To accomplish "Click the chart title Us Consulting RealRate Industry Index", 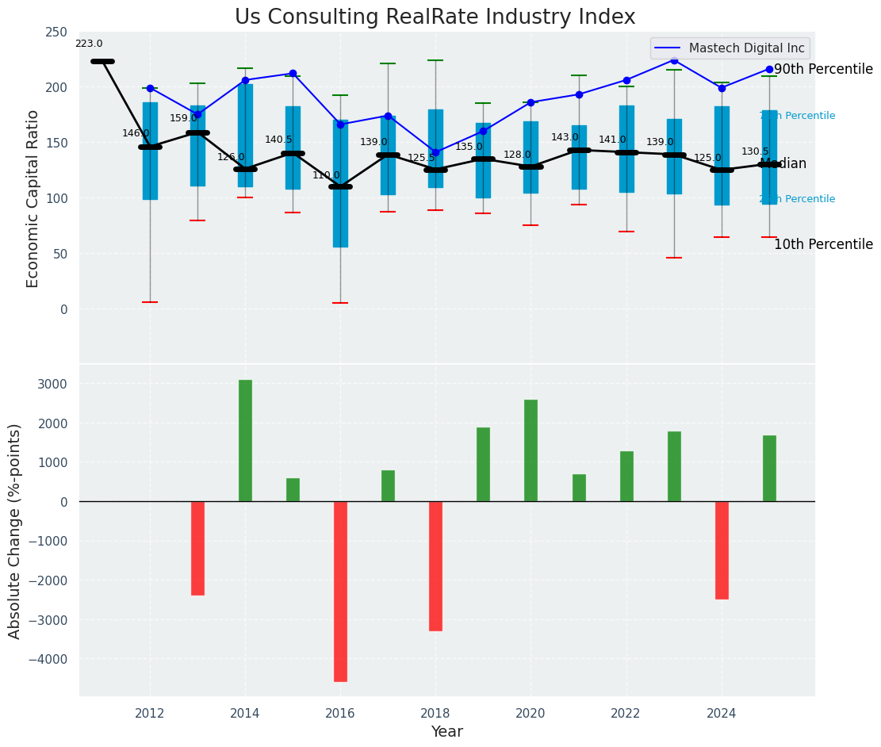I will [x=435, y=17].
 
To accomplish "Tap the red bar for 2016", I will [x=340, y=591].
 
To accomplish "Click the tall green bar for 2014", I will [x=245, y=440].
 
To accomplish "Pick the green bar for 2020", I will [x=531, y=450].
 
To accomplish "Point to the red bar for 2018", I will [x=435, y=565].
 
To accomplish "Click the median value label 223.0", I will [x=89, y=44].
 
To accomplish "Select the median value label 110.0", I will [x=326, y=175].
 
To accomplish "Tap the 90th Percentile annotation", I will [x=823, y=70].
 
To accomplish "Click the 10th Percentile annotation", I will [x=823, y=244].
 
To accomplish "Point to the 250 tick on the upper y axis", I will [x=56, y=32].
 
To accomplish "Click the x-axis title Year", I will [x=446, y=732].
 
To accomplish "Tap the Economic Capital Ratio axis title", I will [x=33, y=198].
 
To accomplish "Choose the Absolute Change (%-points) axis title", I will [x=15, y=531].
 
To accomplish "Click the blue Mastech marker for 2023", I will [x=674, y=60].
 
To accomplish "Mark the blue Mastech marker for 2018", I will [x=435, y=152].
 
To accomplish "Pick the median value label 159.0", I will [x=183, y=119].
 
